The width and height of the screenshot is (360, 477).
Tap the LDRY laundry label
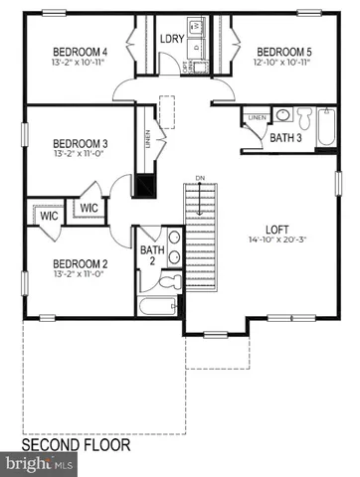(170, 39)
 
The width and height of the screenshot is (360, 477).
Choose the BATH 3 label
(286, 138)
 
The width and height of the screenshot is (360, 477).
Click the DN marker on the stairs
(200, 179)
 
